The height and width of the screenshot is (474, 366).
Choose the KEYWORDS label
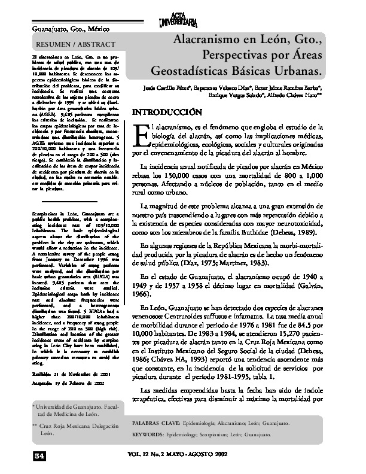coord(152,434)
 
